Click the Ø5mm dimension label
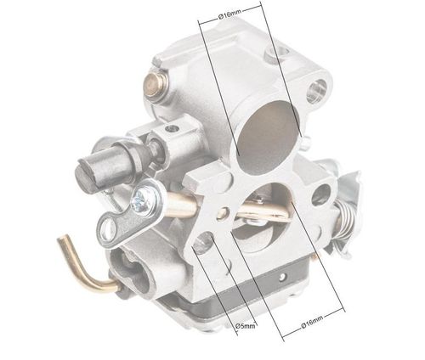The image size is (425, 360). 246,326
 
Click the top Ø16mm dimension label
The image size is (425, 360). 230,14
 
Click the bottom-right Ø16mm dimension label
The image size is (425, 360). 312,322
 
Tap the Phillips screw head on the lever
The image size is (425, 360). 144,200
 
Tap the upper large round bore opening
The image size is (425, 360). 267,137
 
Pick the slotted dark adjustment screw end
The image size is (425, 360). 88,177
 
